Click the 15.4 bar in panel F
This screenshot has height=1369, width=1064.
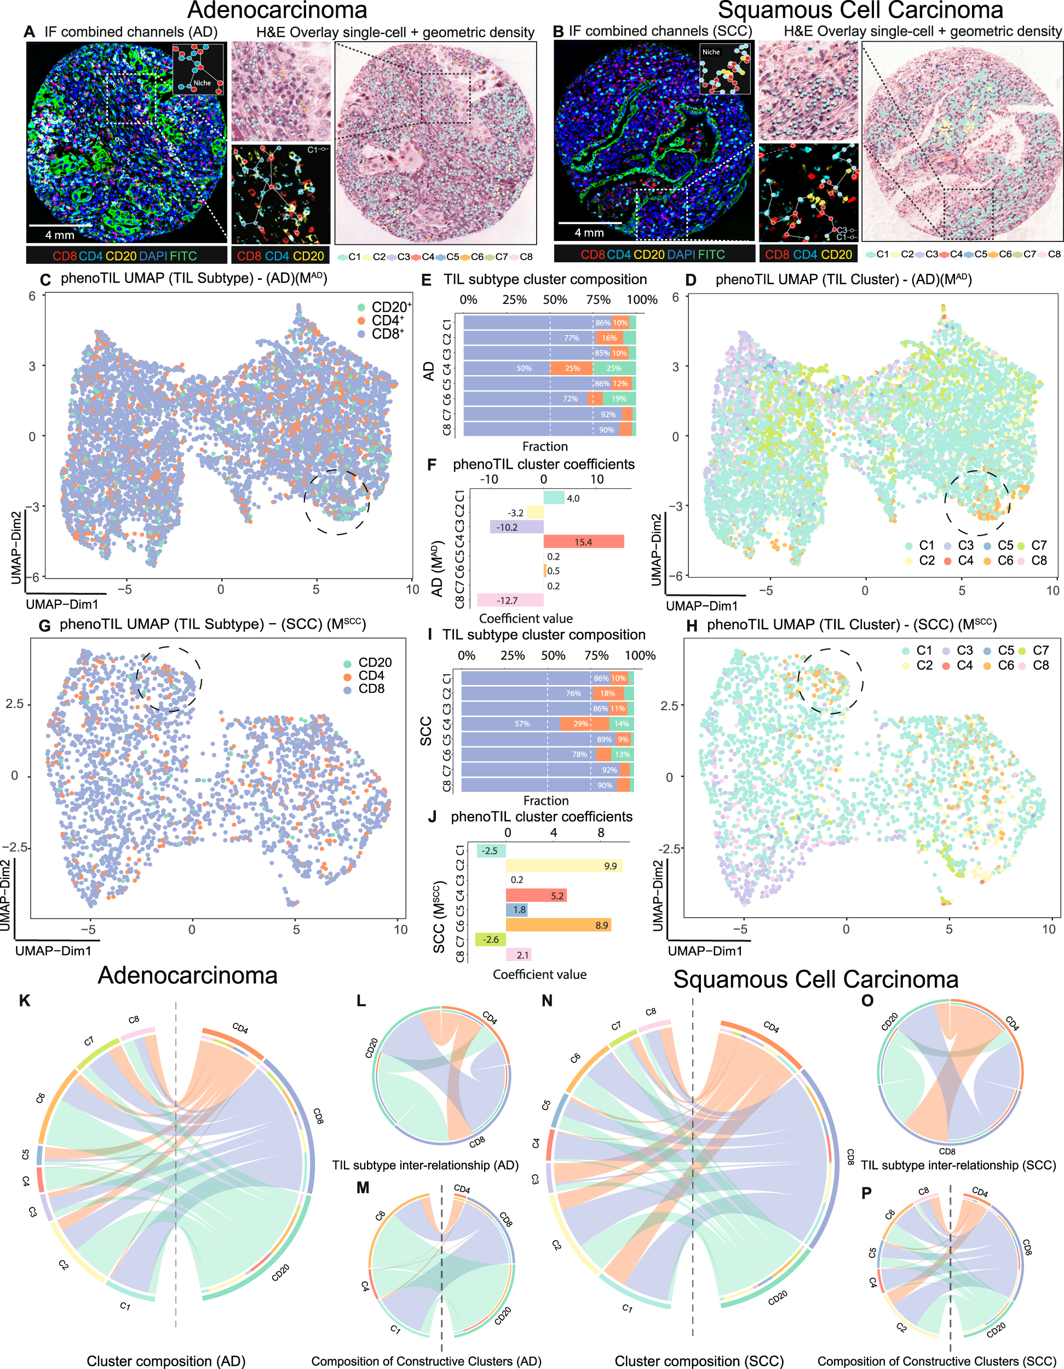583,542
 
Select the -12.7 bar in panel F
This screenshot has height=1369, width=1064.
509,600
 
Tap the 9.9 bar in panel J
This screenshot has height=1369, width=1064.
563,866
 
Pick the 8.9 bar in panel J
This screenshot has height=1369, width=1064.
558,924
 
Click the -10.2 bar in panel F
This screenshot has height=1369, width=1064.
516,527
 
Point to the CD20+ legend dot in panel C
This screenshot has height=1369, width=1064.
361,307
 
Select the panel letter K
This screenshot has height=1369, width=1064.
25,1000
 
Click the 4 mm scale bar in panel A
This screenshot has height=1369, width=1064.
60,225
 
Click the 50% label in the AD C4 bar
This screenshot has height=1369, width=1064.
524,369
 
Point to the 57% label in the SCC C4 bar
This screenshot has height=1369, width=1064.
522,723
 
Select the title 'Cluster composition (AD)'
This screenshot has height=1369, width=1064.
165,1361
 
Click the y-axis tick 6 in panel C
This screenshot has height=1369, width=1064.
32,296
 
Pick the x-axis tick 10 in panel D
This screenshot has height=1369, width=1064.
1053,590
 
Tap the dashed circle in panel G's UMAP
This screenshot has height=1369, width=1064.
169,679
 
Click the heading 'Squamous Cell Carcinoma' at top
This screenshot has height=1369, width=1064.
860,10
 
